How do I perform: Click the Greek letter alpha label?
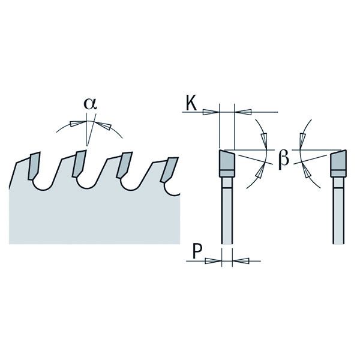point(90,104)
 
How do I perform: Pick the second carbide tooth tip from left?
point(79,164)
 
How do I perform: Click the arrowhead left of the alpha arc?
point(76,124)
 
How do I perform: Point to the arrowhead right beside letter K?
point(209,112)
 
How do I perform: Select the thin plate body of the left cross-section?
point(227,210)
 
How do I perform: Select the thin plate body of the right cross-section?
point(337,210)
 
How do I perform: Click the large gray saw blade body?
point(90,216)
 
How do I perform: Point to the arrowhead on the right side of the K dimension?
point(245,112)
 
